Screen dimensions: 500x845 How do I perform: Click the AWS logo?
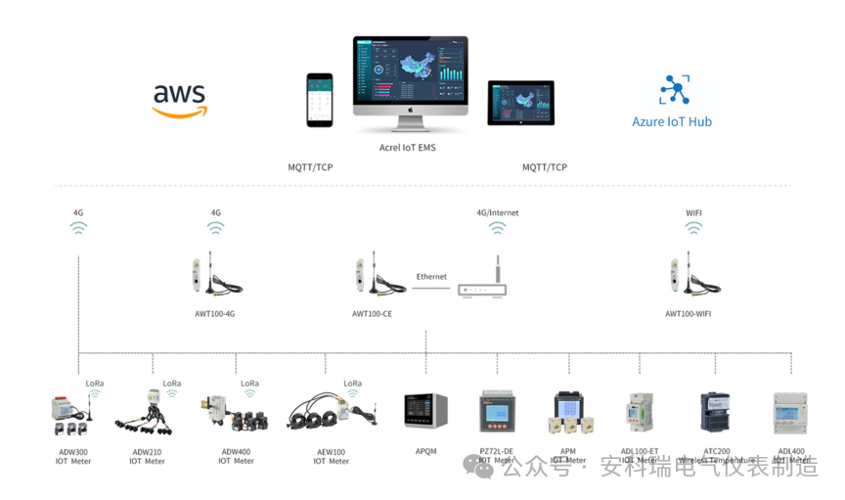pyautogui.click(x=179, y=100)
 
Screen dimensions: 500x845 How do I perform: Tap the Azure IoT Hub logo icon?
pyautogui.click(x=672, y=89)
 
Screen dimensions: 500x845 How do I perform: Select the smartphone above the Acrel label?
pyautogui.click(x=319, y=100)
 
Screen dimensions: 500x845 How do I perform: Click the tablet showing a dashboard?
pyautogui.click(x=520, y=103)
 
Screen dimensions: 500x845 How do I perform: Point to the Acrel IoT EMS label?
pyautogui.click(x=408, y=148)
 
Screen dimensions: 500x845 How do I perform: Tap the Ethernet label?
pyautogui.click(x=431, y=277)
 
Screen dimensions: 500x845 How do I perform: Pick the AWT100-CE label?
pyautogui.click(x=372, y=314)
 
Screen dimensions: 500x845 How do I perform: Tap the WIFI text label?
pyautogui.click(x=693, y=212)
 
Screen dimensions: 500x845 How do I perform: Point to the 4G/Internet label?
pyautogui.click(x=498, y=212)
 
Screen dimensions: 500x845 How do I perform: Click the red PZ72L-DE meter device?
pyautogui.click(x=496, y=411)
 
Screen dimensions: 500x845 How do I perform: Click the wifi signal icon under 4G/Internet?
pyautogui.click(x=498, y=229)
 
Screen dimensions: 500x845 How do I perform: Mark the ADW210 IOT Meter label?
pyautogui.click(x=148, y=456)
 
